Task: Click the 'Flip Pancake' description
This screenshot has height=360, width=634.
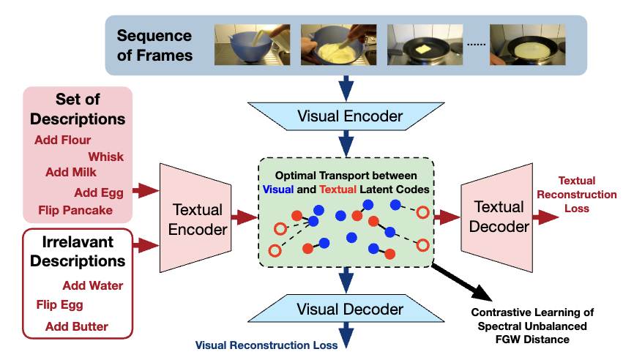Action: pyautogui.click(x=75, y=211)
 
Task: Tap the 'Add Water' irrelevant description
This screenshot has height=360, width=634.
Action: pyautogui.click(x=92, y=286)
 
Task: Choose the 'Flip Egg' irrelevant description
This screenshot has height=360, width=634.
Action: pyautogui.click(x=59, y=305)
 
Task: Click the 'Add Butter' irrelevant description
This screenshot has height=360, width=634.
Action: pyautogui.click(x=76, y=326)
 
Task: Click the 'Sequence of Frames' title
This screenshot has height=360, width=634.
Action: pyautogui.click(x=154, y=45)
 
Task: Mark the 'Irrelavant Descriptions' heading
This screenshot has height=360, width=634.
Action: pyautogui.click(x=77, y=251)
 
